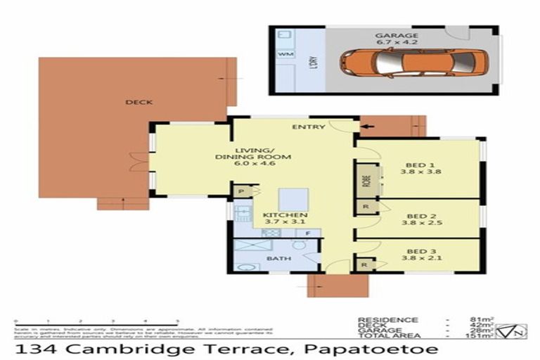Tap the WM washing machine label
[285, 53]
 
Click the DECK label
[139, 103]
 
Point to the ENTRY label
[309, 127]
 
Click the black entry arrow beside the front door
[367, 127]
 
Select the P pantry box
[240, 191]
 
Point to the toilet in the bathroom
[299, 245]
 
